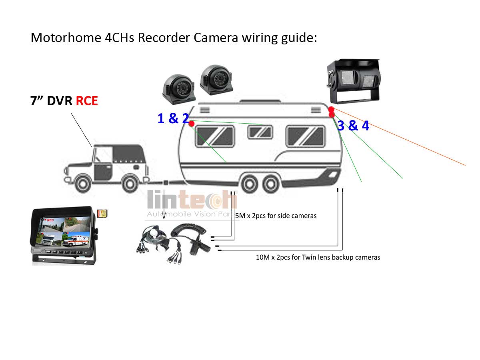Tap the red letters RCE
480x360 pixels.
[87, 101]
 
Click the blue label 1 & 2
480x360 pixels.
[173, 118]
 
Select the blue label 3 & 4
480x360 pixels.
[353, 126]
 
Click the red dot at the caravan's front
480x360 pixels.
[191, 123]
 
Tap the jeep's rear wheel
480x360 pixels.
[129, 184]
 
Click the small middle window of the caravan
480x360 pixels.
[260, 132]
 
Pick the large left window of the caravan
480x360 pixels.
[215, 136]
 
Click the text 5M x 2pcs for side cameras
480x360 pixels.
[276, 216]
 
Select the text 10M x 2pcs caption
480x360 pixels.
[318, 257]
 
